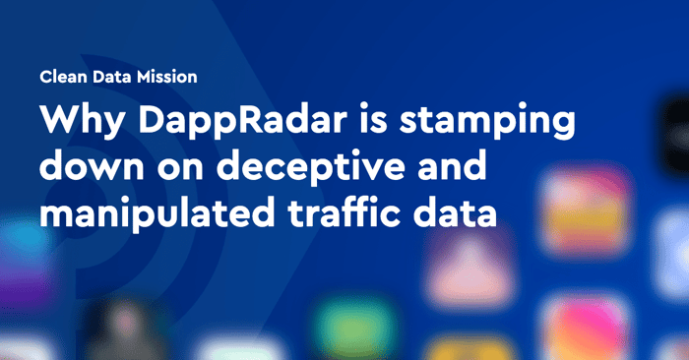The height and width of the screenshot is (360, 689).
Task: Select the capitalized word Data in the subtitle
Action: tap(112, 77)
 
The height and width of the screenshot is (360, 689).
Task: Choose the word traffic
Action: tap(344, 211)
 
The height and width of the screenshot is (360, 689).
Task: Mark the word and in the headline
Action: tap(453, 166)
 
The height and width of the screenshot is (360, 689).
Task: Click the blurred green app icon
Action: tap(355, 324)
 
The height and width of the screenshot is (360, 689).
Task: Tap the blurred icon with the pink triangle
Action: tap(470, 270)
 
